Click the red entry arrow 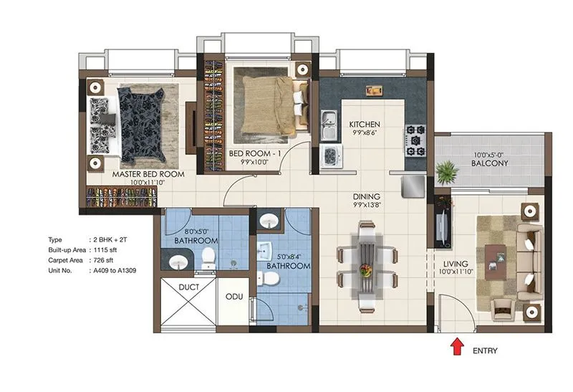point(455,348)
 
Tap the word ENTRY point(485,351)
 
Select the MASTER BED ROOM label point(148,174)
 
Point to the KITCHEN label point(364,124)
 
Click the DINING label point(365,196)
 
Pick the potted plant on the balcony point(447,171)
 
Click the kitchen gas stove point(415,140)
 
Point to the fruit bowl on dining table point(366,270)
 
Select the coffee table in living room point(495,259)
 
